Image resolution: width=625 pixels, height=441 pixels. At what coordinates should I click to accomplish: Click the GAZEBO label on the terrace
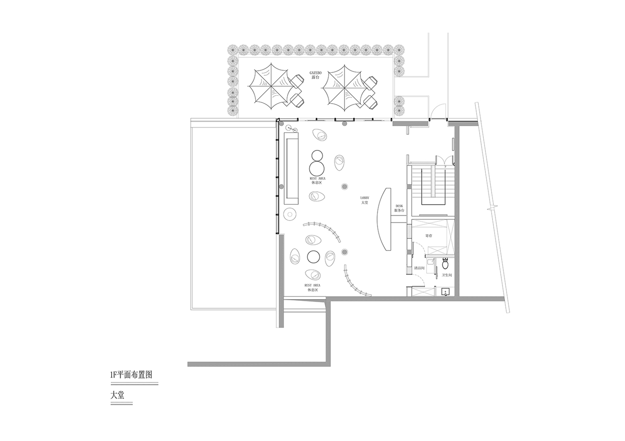tap(316, 72)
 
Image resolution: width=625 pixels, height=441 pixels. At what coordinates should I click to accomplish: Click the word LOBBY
tap(364, 198)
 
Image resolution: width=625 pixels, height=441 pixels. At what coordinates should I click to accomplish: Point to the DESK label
tap(399, 206)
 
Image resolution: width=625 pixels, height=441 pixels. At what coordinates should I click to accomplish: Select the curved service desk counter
tap(383, 219)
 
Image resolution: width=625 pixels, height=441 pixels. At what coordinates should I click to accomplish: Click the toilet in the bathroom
tap(445, 264)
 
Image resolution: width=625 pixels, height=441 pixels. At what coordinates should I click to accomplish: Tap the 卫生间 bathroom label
tap(447, 275)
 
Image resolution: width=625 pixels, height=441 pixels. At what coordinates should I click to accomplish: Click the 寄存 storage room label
tap(428, 236)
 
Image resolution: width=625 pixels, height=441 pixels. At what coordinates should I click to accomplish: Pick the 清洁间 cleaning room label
tap(420, 268)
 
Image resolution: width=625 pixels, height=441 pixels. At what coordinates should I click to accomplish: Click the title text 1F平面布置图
tap(131, 375)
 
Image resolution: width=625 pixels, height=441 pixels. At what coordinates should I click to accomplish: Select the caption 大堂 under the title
tap(117, 395)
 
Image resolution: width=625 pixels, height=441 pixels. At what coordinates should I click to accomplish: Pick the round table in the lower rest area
tap(313, 256)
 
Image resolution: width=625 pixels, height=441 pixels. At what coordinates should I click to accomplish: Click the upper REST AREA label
tap(317, 178)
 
